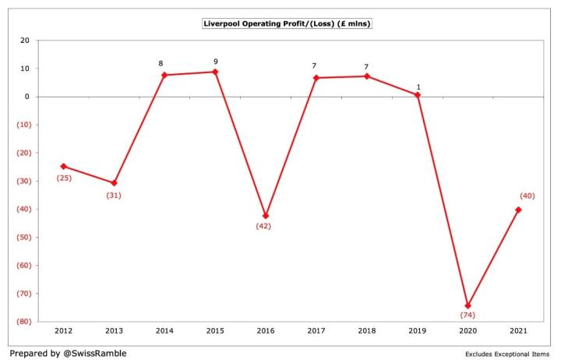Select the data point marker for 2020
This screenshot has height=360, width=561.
tap(468, 305)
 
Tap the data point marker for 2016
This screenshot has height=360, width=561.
tap(266, 216)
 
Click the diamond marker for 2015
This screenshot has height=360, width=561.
tap(216, 72)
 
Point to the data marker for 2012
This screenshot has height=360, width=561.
tap(64, 166)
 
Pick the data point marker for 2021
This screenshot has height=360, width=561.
tap(518, 210)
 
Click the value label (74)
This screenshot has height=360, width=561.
tap(467, 316)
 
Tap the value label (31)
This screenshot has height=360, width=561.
tap(115, 195)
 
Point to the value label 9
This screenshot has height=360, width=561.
tap(216, 62)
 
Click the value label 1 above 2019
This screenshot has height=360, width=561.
tap(418, 86)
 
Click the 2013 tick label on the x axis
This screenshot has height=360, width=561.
tap(115, 331)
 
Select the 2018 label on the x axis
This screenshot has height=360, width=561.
tap(367, 331)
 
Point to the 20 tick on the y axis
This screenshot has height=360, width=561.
tap(25, 41)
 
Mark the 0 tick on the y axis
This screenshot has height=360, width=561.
tap(27, 97)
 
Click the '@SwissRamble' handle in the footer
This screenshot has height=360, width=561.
tap(97, 353)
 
